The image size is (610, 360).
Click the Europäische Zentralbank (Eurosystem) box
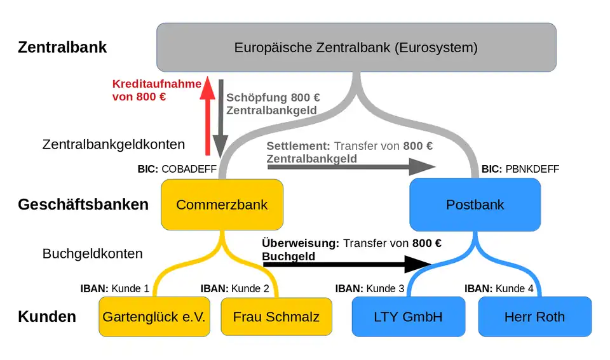[356, 47]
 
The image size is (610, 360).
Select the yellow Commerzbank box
[222, 204]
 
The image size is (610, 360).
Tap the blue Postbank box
[475, 204]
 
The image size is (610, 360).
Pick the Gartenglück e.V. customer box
[154, 316]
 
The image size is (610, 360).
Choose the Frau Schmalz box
[276, 316]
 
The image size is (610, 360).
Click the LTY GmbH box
[408, 316]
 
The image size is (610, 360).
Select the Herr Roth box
[534, 316]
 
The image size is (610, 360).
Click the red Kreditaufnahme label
[156, 90]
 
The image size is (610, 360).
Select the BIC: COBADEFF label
[177, 170]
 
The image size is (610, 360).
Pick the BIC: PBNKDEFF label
[520, 170]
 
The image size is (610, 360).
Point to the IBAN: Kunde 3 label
[370, 288]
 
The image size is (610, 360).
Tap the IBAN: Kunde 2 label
[234, 288]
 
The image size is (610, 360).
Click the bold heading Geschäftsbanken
[83, 204]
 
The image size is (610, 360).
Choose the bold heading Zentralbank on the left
[62, 47]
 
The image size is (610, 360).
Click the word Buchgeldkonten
[93, 253]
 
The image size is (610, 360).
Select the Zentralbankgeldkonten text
[114, 144]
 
